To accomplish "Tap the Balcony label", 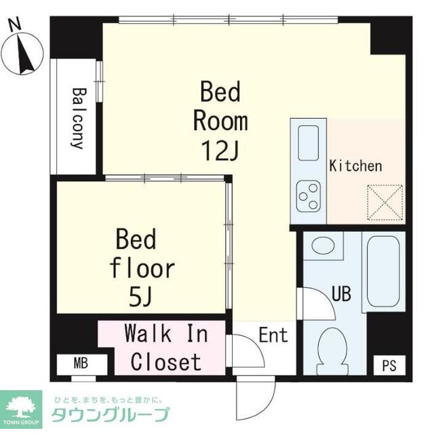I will click(78, 119).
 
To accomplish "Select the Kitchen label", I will click(355, 166).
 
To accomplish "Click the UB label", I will click(340, 294).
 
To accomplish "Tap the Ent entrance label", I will click(273, 335).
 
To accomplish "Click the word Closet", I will click(166, 362).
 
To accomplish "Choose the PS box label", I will click(388, 365).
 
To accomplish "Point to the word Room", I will click(220, 122).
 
